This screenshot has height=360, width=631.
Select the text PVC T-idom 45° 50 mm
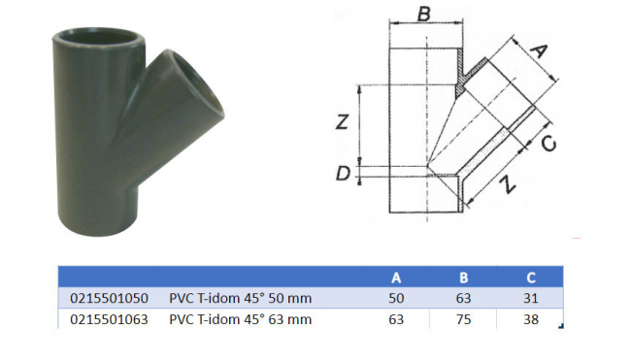click(x=241, y=296)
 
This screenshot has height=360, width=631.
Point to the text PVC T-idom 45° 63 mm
click(x=241, y=316)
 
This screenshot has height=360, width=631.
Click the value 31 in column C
click(x=529, y=296)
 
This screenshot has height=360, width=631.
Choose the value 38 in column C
click(x=529, y=316)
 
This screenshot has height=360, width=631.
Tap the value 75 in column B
click(x=462, y=316)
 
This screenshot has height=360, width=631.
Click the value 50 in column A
click(x=395, y=296)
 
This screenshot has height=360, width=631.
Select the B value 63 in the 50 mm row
click(x=462, y=296)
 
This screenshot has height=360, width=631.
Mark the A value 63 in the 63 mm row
click(x=395, y=316)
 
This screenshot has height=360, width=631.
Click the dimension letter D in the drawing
click(x=342, y=174)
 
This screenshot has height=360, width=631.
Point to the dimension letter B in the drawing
click(x=423, y=15)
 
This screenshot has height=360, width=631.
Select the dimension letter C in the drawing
click(x=548, y=144)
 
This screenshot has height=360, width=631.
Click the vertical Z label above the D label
click(x=340, y=121)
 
